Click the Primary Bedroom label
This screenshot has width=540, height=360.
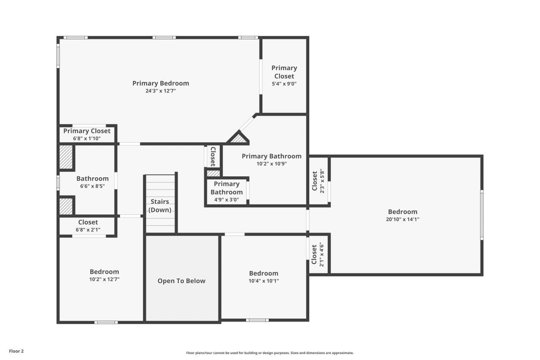click(x=160, y=83)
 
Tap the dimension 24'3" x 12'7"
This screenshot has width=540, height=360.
click(x=160, y=91)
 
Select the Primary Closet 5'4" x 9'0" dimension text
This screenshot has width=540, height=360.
click(x=284, y=84)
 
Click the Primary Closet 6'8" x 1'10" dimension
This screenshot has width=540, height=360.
click(x=87, y=138)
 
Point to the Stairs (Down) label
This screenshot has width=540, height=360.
click(x=160, y=206)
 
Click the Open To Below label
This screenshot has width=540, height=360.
click(x=181, y=281)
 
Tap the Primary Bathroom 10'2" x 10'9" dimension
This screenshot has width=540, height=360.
click(x=271, y=164)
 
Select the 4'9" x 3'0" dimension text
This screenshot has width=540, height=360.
click(x=226, y=200)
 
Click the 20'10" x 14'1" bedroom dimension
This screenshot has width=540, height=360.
click(x=402, y=219)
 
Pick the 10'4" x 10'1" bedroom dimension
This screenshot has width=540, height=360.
click(x=263, y=281)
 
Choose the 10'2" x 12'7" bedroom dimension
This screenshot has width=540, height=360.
click(x=104, y=279)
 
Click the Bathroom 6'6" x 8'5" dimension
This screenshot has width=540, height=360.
click(x=92, y=186)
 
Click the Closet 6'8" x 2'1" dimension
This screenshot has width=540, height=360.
click(x=88, y=230)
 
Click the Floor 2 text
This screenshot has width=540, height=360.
click(x=16, y=351)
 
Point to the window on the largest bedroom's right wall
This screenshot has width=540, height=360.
click(x=481, y=215)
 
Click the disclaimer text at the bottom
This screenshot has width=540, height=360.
click(x=270, y=353)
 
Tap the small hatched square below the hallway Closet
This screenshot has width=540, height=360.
click(x=213, y=173)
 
